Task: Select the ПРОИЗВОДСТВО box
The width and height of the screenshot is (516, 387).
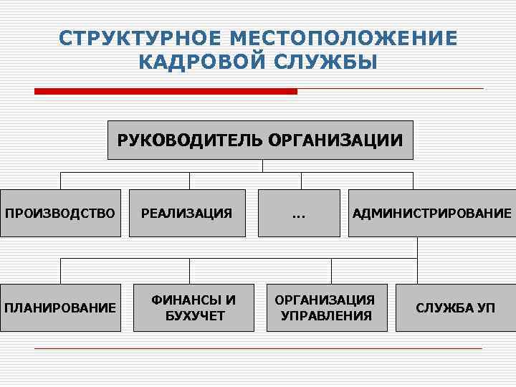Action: tap(60, 213)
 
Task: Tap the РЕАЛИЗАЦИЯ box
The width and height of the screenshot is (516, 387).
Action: tap(187, 213)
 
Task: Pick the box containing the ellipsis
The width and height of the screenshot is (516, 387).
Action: tap(299, 213)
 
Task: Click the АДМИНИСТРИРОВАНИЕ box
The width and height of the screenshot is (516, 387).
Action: tap(431, 213)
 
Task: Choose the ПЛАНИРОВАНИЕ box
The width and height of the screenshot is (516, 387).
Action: tap(60, 308)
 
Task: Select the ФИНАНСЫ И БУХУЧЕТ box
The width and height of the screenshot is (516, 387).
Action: tap(193, 308)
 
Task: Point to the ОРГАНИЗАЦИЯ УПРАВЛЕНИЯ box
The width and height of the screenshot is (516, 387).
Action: tap(326, 308)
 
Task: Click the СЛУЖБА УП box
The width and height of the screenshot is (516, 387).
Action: tap(455, 308)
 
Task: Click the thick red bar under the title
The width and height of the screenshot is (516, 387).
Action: tap(166, 91)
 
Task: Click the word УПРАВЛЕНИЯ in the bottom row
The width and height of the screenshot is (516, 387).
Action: tap(326, 316)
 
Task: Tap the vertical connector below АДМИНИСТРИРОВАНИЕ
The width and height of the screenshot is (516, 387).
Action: tap(417, 247)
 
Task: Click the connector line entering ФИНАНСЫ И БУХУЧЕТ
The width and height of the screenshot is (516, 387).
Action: tap(189, 271)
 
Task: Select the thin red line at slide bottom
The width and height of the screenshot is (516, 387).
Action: tap(258, 348)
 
